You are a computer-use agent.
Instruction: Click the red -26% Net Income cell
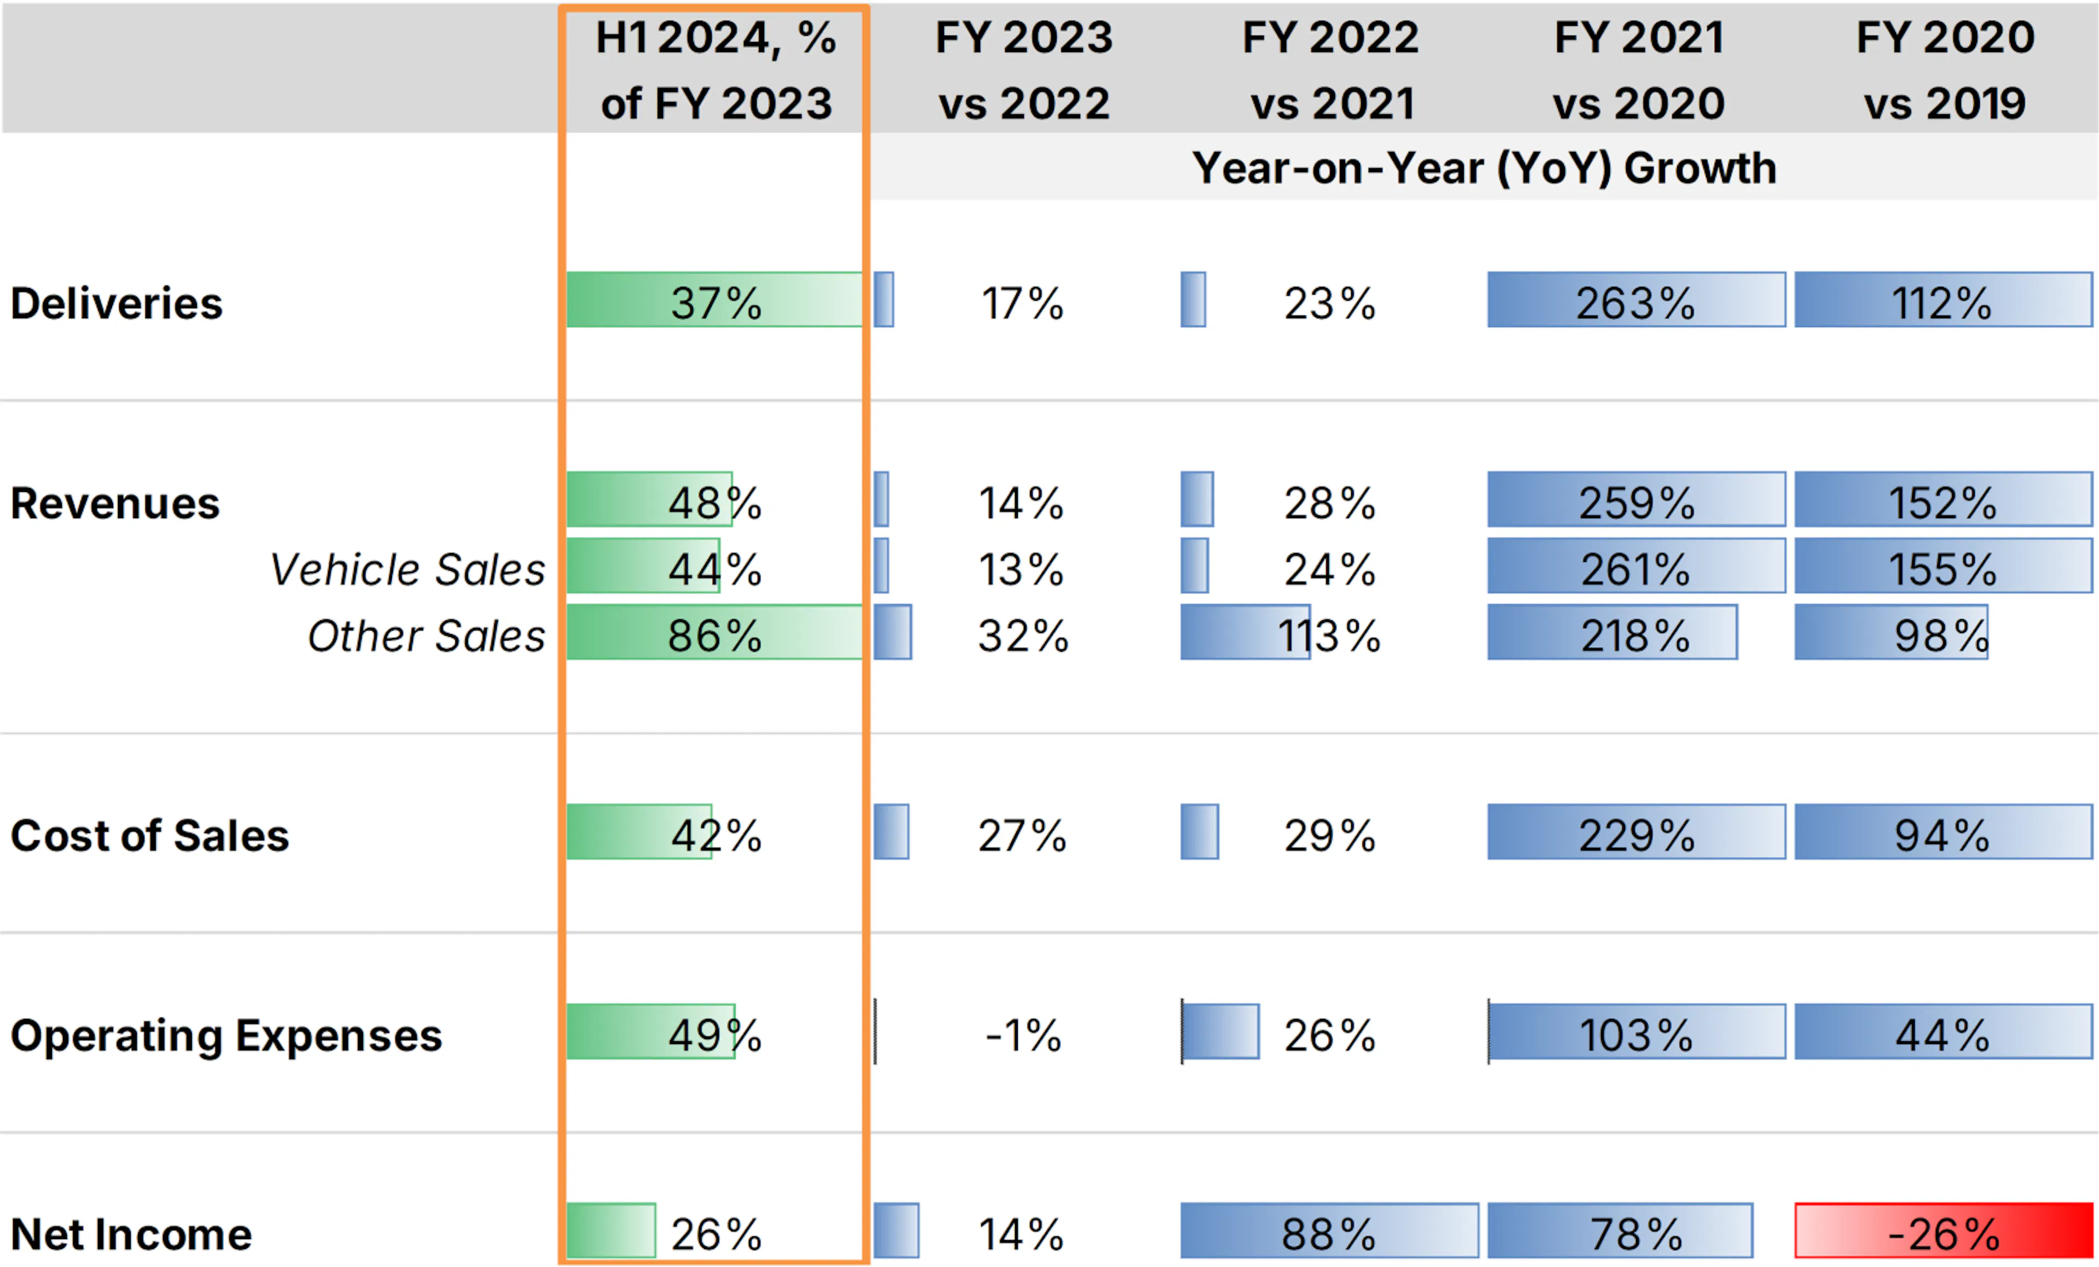pyautogui.click(x=1943, y=1229)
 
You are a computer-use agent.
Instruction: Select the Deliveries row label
pyautogui.click(x=117, y=303)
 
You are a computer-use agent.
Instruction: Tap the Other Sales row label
pyautogui.click(x=426, y=636)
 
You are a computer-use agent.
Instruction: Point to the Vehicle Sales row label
pyautogui.click(x=407, y=569)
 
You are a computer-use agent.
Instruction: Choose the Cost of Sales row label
pyautogui.click(x=150, y=836)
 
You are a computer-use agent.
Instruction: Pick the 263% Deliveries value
pyautogui.click(x=1635, y=303)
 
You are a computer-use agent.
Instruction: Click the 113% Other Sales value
pyautogui.click(x=1329, y=636)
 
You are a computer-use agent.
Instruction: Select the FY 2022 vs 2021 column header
pyautogui.click(x=1330, y=70)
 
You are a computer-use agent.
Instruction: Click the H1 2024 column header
pyautogui.click(x=716, y=70)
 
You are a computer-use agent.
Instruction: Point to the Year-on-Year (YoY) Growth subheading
pyautogui.click(x=1484, y=168)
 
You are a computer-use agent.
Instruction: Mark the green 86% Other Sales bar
pyautogui.click(x=714, y=631)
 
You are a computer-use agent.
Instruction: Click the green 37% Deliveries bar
pyautogui.click(x=714, y=299)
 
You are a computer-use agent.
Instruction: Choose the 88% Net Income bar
pyautogui.click(x=1329, y=1229)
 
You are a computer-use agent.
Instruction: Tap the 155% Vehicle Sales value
pyautogui.click(x=1942, y=569)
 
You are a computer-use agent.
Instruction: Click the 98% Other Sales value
pyautogui.click(x=1942, y=636)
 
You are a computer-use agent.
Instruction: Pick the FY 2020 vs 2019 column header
pyautogui.click(x=1945, y=70)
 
